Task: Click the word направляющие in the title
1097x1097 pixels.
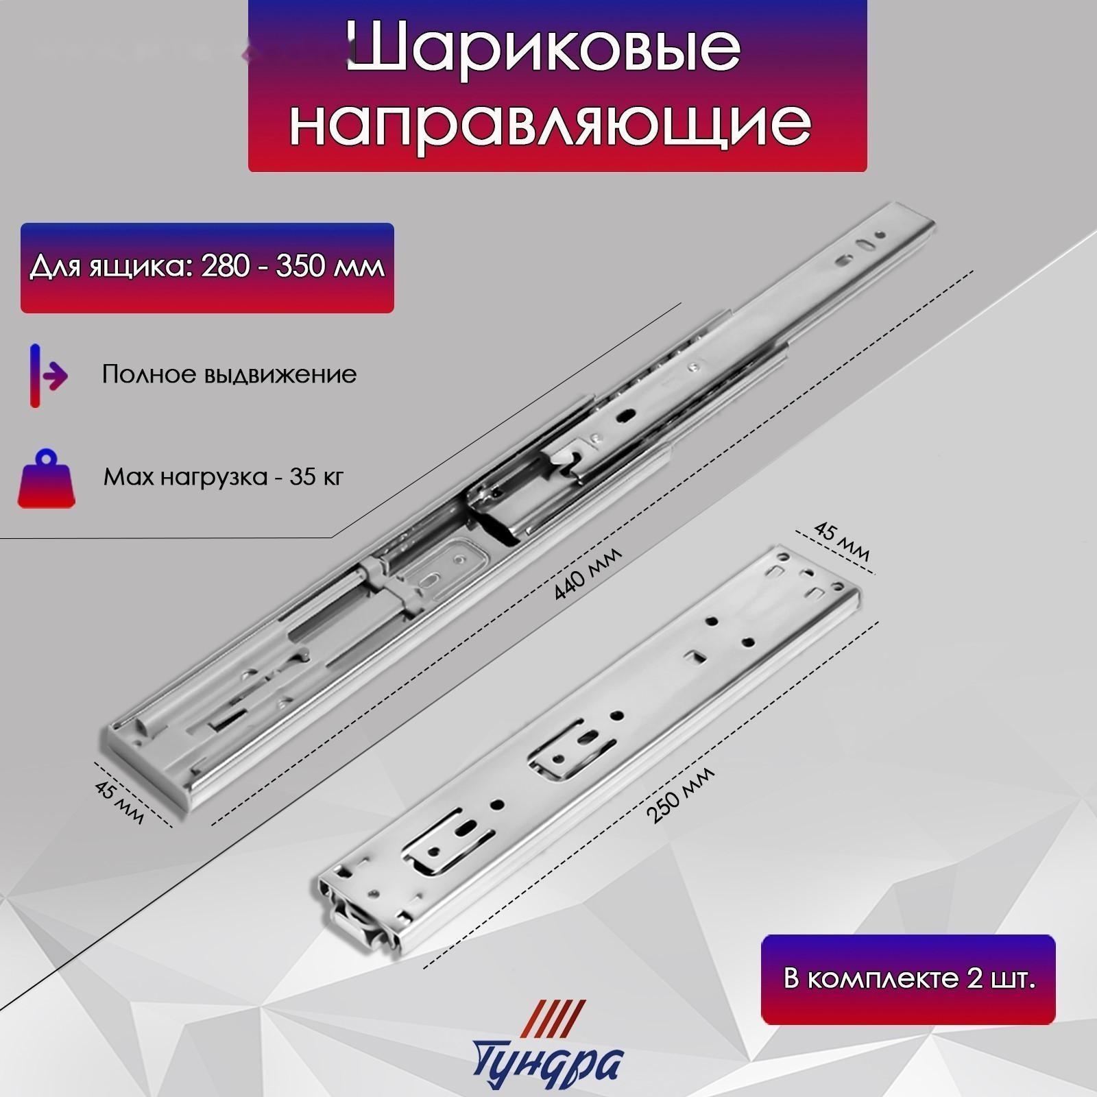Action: (551, 123)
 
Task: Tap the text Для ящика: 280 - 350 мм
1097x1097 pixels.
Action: (207, 266)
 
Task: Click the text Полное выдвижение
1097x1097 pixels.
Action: (229, 374)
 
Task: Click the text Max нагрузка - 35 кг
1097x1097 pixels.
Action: (224, 476)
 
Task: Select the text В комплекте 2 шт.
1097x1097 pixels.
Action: (908, 978)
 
